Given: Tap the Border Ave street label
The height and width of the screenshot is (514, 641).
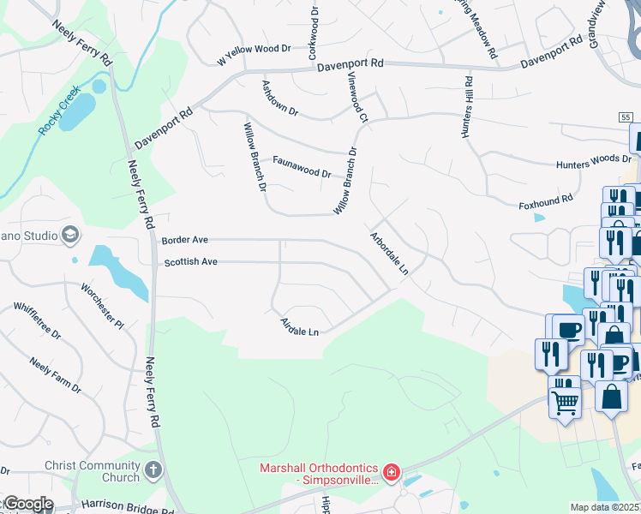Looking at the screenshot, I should pos(185,241).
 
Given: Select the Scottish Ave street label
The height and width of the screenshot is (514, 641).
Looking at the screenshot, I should pos(192,262).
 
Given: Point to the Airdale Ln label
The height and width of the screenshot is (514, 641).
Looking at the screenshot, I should pos(300,326).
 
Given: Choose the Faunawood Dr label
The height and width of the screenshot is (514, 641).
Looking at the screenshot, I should pos(302,167).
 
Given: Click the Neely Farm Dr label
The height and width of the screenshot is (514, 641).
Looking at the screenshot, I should pos(54,375).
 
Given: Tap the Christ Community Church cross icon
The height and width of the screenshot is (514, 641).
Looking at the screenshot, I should pos(153,469).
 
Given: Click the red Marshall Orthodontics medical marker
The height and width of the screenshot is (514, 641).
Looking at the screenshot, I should pos(391,471).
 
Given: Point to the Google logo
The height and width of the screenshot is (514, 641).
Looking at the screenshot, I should pos(28,504).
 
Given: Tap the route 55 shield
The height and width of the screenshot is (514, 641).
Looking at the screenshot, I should pos(626,116).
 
